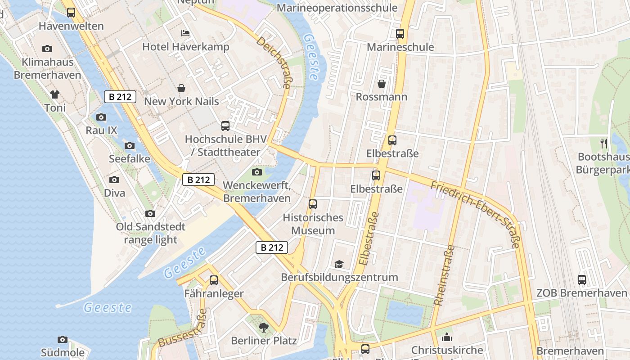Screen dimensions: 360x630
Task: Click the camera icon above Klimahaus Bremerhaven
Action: (x=47, y=49)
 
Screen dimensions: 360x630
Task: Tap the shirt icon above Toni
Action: (x=55, y=94)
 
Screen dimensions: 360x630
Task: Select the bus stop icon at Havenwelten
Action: (x=71, y=13)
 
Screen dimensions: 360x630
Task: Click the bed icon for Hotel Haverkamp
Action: (x=185, y=33)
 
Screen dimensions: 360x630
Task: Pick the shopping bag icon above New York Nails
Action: (x=181, y=88)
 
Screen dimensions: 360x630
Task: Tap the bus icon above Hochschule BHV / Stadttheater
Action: (x=225, y=126)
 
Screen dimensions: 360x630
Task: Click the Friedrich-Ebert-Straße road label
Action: (x=476, y=214)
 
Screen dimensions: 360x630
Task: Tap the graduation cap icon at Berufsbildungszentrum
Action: (x=339, y=264)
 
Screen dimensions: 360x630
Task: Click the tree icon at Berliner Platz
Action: (x=264, y=328)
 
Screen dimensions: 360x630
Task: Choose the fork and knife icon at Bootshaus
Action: (x=604, y=144)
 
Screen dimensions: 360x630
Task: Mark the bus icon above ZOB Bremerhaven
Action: (x=582, y=280)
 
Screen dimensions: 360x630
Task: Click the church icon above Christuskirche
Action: (x=447, y=337)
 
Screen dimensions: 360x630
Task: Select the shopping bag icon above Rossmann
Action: (x=382, y=84)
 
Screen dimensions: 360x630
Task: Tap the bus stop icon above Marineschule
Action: (x=400, y=34)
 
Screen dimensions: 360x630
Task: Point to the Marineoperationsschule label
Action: (x=337, y=8)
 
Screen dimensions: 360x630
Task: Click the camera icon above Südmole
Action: (x=63, y=339)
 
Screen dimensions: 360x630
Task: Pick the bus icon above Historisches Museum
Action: (x=313, y=204)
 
